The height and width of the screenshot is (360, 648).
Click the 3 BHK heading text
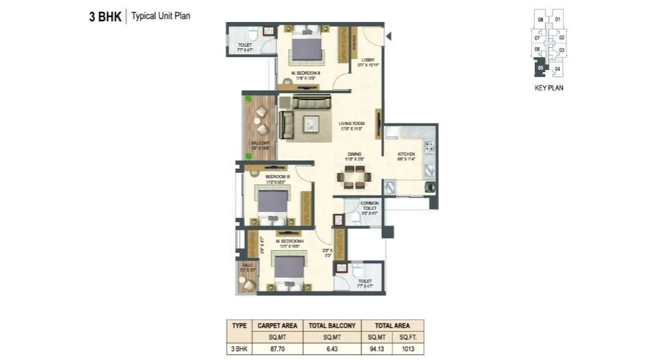point(105,16)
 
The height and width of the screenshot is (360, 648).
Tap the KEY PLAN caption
point(549,88)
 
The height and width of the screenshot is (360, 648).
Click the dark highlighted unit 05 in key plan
point(540,68)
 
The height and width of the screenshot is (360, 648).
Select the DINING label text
point(354,156)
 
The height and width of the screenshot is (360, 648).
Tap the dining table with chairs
point(354,177)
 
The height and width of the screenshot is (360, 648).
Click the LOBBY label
point(368,61)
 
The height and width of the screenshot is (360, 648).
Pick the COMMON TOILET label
point(370,206)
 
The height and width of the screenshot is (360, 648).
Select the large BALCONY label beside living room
point(260,144)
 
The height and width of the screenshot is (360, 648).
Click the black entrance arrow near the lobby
point(389,36)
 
